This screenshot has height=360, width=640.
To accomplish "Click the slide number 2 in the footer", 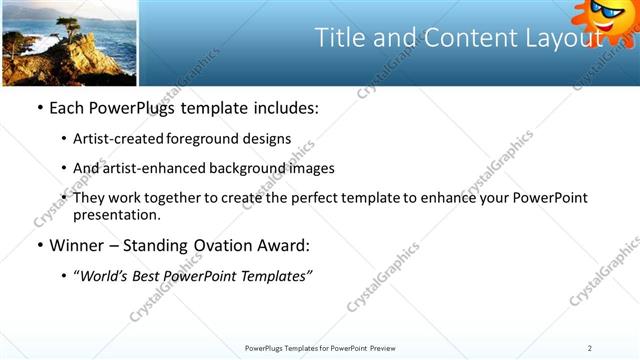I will point(590,348).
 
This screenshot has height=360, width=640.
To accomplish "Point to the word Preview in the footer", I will point(389,348).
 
